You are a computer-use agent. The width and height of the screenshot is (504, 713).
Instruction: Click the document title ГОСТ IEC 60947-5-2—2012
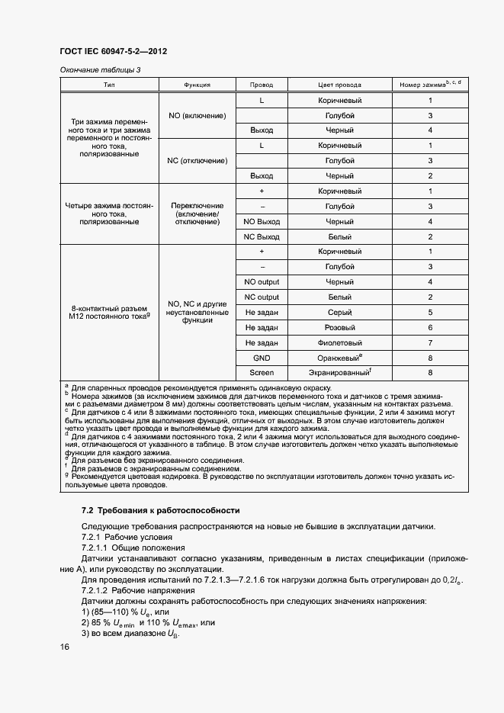(x=113, y=52)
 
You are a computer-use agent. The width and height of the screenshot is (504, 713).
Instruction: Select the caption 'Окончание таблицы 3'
(x=100, y=70)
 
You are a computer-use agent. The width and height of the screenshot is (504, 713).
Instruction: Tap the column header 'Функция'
(x=197, y=85)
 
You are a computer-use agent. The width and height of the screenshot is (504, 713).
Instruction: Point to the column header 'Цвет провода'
(x=339, y=85)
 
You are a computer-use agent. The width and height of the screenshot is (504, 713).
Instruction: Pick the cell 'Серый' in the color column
(x=339, y=313)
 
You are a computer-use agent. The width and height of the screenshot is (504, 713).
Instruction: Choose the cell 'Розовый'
(x=339, y=328)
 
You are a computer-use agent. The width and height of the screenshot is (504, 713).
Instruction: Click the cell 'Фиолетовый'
(x=339, y=343)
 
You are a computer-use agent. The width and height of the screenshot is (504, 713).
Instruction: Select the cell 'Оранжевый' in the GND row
(x=339, y=358)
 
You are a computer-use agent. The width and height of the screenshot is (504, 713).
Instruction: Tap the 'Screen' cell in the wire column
(x=262, y=373)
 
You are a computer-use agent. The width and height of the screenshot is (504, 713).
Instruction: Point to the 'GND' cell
(x=262, y=358)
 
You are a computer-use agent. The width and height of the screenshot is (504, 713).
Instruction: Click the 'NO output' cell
(x=262, y=282)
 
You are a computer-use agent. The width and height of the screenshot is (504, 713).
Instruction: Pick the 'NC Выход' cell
(x=262, y=236)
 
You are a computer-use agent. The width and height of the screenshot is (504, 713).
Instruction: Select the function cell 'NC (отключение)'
(x=197, y=161)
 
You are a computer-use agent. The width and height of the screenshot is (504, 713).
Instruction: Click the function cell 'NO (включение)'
(x=197, y=115)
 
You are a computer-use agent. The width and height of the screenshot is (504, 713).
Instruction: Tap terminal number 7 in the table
(x=430, y=343)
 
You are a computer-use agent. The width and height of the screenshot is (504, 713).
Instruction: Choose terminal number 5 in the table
(x=430, y=313)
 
